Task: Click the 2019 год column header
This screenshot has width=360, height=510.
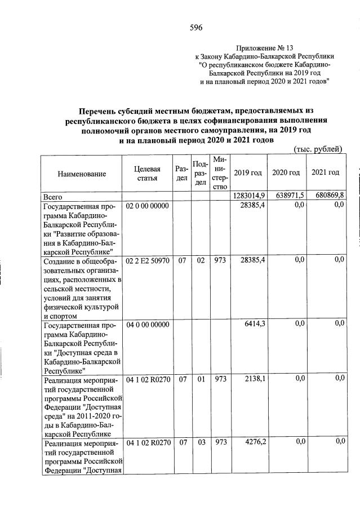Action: point(247,172)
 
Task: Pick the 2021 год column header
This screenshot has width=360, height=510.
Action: point(325,172)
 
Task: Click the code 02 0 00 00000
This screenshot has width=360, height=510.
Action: point(147,206)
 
